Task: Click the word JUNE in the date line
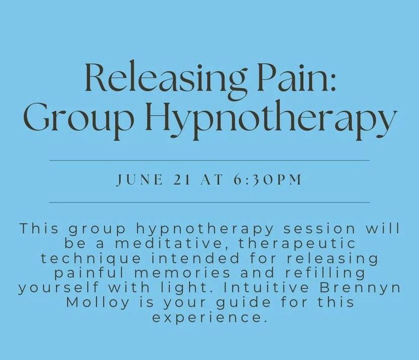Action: click(x=136, y=181)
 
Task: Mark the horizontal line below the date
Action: click(x=209, y=202)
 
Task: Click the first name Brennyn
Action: click(x=368, y=288)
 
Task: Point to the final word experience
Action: click(x=209, y=319)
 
